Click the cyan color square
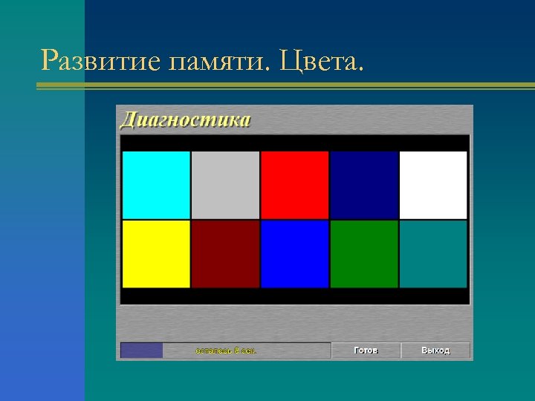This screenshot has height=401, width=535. (x=156, y=185)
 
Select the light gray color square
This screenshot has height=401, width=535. (x=225, y=185)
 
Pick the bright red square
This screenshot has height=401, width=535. (x=294, y=185)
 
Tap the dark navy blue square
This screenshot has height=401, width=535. (x=363, y=185)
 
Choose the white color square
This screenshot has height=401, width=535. (x=433, y=185)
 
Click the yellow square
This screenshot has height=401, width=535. (x=156, y=254)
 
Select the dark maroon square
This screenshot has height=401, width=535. (x=225, y=254)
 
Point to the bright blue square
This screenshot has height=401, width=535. (x=294, y=254)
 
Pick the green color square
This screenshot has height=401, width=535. (x=363, y=254)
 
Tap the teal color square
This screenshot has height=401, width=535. (x=433, y=254)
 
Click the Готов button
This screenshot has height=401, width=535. (x=366, y=351)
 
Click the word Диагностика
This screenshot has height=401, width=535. (x=185, y=120)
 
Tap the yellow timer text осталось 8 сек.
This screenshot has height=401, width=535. (x=226, y=351)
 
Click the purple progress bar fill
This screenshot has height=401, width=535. (x=141, y=351)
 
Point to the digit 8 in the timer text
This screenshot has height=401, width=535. (x=237, y=351)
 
